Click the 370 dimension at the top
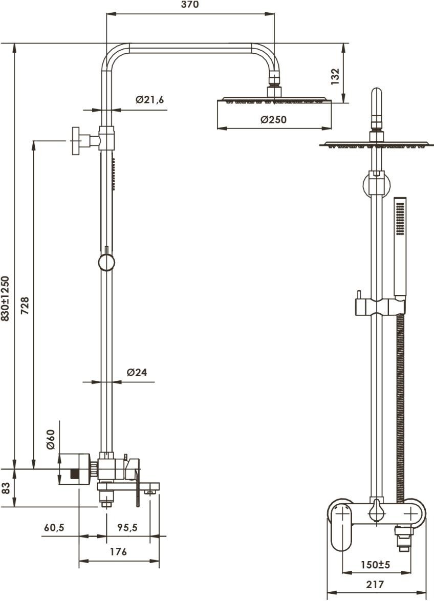click(190, 5)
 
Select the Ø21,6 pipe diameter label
click(149, 100)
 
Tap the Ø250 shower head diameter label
click(273, 120)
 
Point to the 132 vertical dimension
click(335, 76)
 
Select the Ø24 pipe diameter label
click(137, 372)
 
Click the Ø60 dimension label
click(51, 439)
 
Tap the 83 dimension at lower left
click(6, 488)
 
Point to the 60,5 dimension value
click(54, 528)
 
